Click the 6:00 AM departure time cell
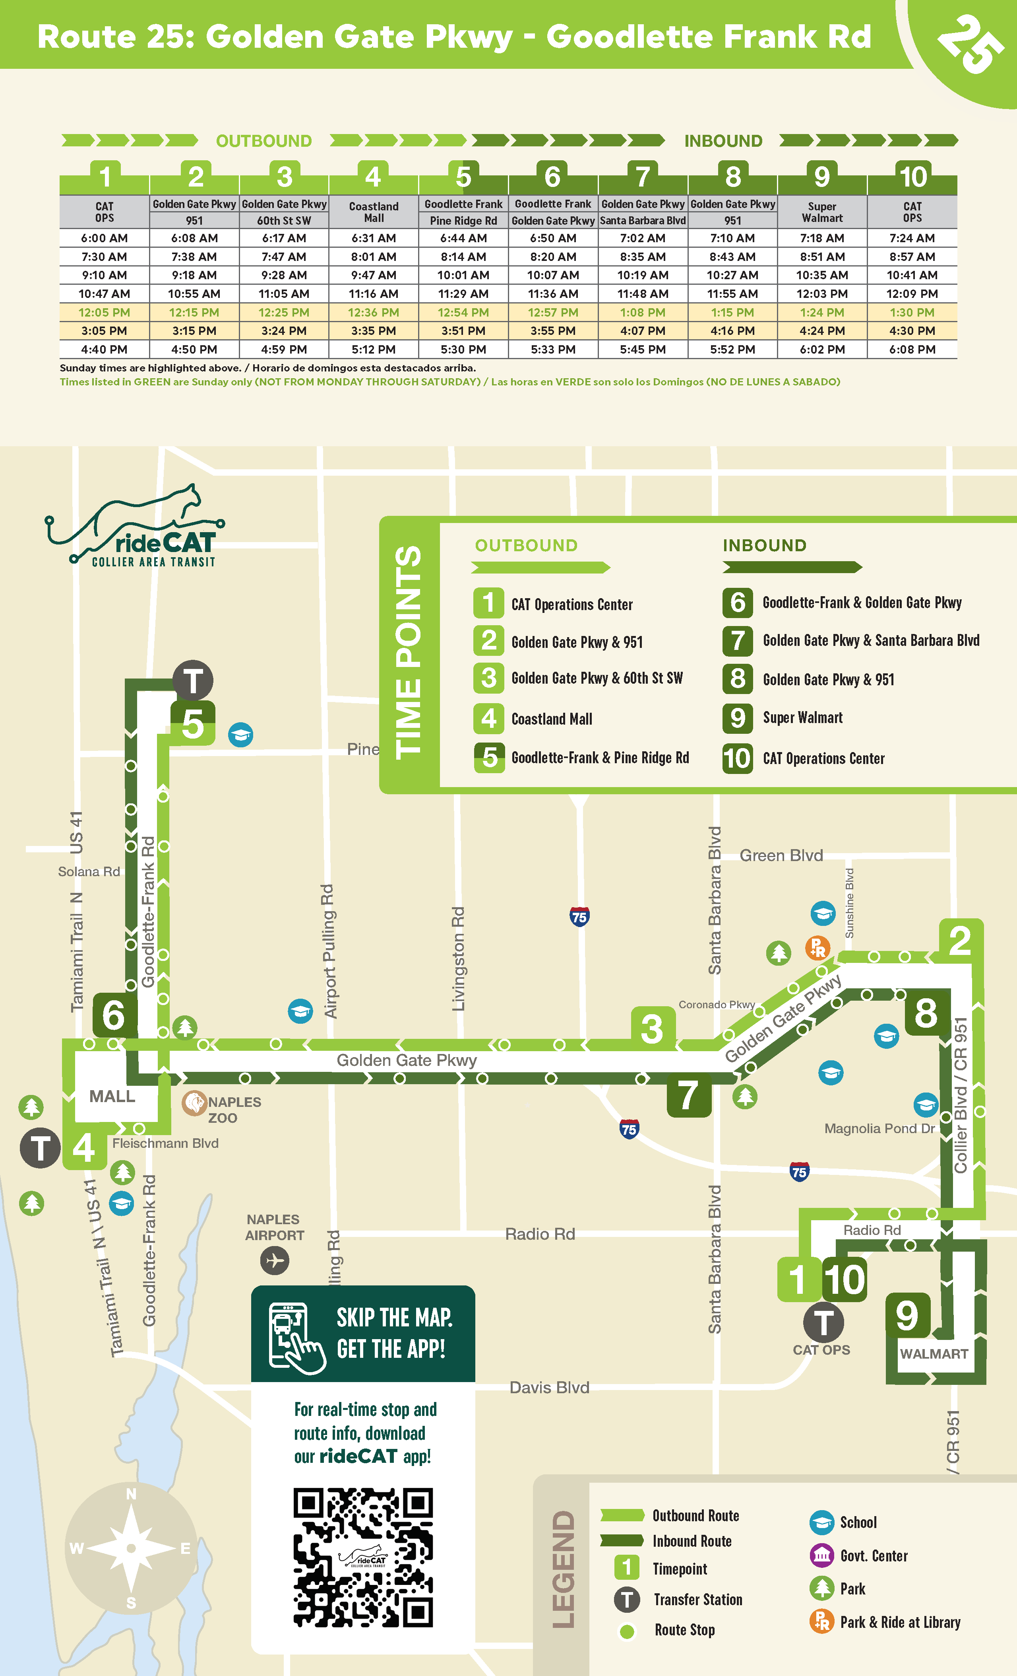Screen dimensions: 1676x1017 pyautogui.click(x=104, y=238)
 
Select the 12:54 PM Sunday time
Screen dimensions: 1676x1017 pyautogui.click(x=463, y=312)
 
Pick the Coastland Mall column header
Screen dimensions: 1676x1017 pyautogui.click(x=373, y=212)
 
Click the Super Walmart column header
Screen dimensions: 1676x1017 pyautogui.click(x=822, y=212)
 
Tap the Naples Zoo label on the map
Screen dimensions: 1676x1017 pyautogui.click(x=224, y=1109)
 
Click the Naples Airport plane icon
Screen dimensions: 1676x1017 pyautogui.click(x=275, y=1260)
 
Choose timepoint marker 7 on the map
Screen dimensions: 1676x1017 pyautogui.click(x=688, y=1095)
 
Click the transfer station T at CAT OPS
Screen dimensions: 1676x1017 pyautogui.click(x=823, y=1323)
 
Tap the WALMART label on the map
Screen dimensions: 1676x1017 pyautogui.click(x=934, y=1353)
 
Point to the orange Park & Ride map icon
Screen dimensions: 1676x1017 pyautogui.click(x=817, y=947)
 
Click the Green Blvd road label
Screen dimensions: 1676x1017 pyautogui.click(x=781, y=855)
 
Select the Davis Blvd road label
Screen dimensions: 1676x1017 pyautogui.click(x=549, y=1388)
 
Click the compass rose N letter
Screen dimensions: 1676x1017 pyautogui.click(x=131, y=1494)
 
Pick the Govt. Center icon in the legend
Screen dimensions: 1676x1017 pyautogui.click(x=821, y=1555)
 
